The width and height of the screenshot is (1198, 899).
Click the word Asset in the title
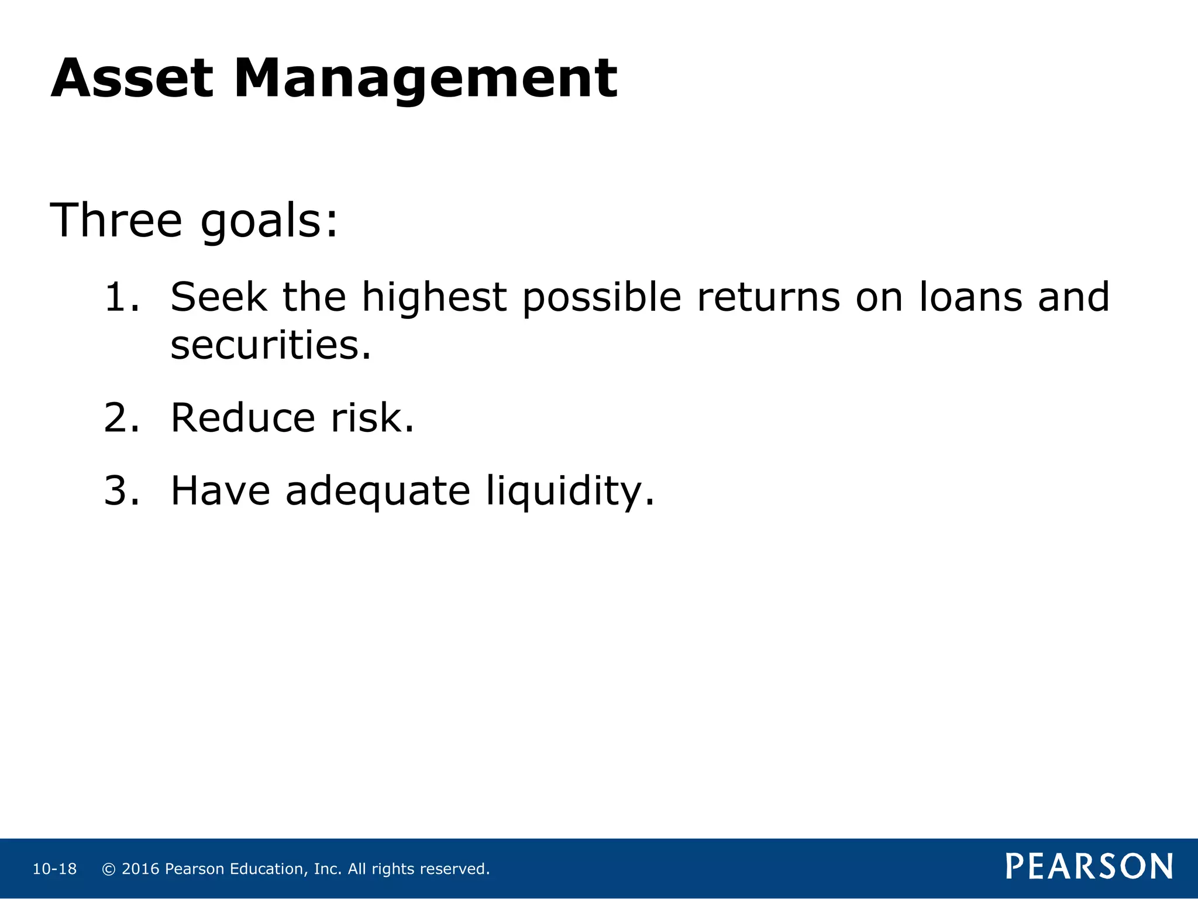pyautogui.click(x=132, y=78)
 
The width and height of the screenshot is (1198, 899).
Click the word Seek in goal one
pyautogui.click(x=219, y=297)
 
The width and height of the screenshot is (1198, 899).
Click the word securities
pyautogui.click(x=270, y=345)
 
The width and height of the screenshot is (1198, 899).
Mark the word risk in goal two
pyautogui.click(x=372, y=418)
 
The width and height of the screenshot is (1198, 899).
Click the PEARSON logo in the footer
pyautogui.click(x=1089, y=866)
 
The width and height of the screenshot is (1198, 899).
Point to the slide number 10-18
pyautogui.click(x=54, y=869)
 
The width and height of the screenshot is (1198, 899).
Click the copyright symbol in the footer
pyautogui.click(x=108, y=869)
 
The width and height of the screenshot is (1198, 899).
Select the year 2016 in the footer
pyautogui.click(x=140, y=869)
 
